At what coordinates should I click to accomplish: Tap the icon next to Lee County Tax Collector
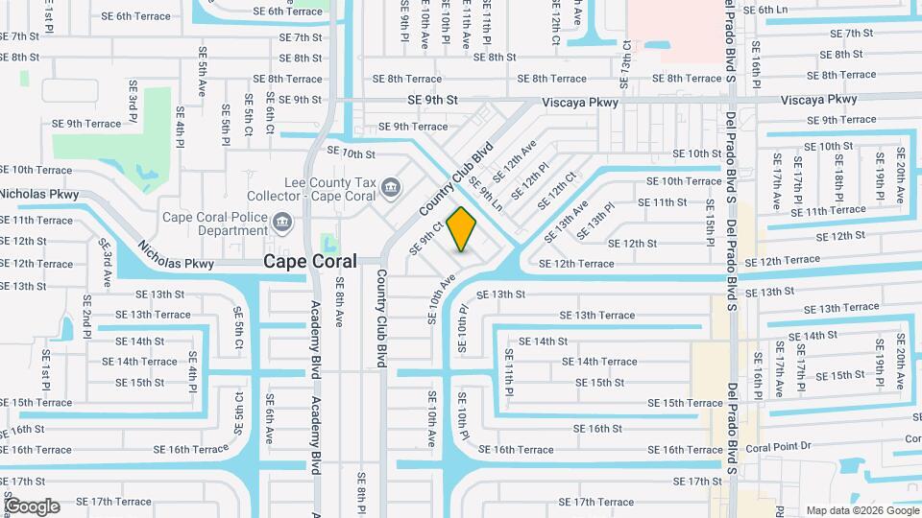point(390,186)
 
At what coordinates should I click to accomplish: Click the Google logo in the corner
point(32,506)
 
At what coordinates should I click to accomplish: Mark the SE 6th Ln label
point(765,10)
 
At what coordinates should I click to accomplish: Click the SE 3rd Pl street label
point(133,100)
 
